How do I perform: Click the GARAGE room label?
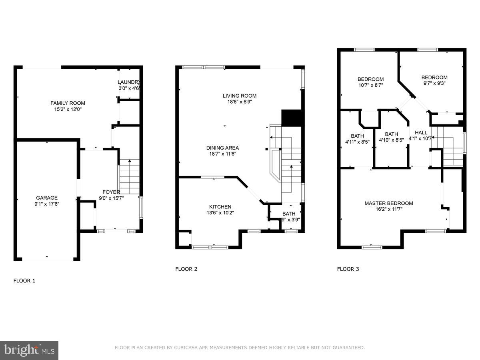[47, 198]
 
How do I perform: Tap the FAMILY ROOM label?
[68, 103]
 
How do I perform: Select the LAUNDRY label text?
[128, 82]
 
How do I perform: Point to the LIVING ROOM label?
[239, 96]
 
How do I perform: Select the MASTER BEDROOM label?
[388, 203]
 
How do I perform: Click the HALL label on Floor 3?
[421, 132]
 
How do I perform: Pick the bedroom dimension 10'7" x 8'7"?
[370, 85]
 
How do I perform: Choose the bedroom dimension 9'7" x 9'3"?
[434, 83]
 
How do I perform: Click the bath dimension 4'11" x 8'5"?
[357, 142]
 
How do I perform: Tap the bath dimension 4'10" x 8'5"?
[391, 140]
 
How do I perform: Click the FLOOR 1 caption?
[24, 281]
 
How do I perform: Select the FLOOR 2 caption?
[186, 269]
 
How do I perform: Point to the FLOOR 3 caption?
[348, 269]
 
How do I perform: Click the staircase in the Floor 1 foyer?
[130, 176]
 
